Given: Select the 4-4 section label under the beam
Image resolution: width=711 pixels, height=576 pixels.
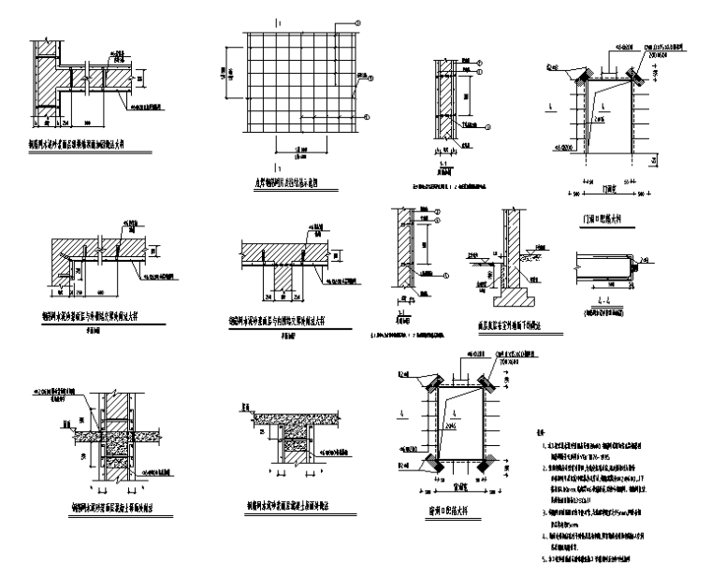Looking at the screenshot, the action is (x=609, y=297).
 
